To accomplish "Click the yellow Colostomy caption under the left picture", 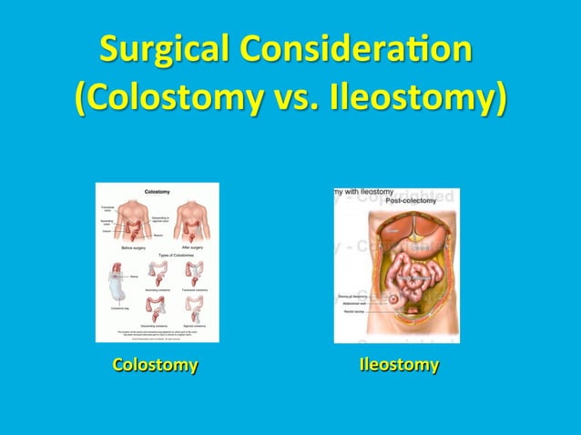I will pyautogui.click(x=155, y=366).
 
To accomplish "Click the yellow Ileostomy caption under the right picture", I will pyautogui.click(x=399, y=366).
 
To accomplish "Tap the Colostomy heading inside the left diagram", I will pyautogui.click(x=157, y=191).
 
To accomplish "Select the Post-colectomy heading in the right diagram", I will pyautogui.click(x=407, y=200).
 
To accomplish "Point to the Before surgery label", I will pyautogui.click(x=135, y=248).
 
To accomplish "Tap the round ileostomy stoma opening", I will pyautogui.click(x=392, y=298).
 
